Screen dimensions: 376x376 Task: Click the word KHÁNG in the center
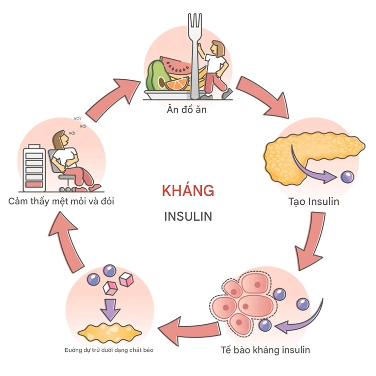pyautogui.click(x=188, y=191)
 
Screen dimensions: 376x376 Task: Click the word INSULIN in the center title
pyautogui.click(x=188, y=216)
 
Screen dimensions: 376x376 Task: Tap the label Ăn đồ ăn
pyautogui.click(x=188, y=109)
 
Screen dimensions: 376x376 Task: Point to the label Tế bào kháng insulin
pyautogui.click(x=266, y=349)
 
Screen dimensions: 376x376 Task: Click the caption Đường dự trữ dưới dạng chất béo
pyautogui.click(x=109, y=349)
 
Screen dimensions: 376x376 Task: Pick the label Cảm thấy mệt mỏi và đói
pyautogui.click(x=62, y=202)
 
